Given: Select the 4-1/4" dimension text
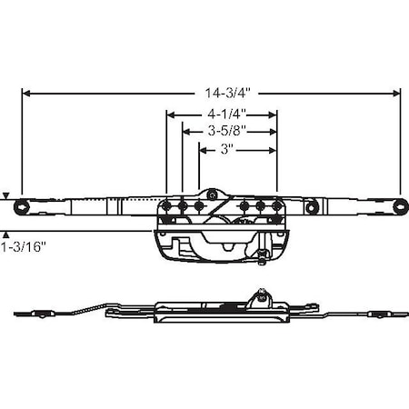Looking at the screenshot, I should pos(221,115).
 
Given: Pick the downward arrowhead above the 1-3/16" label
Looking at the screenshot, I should pos(7,195).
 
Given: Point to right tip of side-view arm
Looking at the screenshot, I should pos(400,315).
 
